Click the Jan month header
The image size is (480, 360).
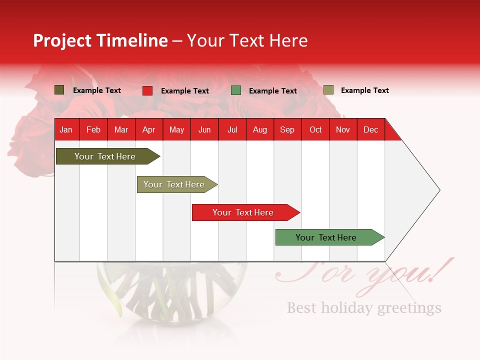coord(66,130)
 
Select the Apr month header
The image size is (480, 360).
coord(149,130)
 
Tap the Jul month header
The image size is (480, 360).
coord(232,130)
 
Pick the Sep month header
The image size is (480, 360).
coord(287,130)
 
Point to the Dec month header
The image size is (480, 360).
coord(370,130)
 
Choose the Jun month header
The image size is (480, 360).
coord(204,130)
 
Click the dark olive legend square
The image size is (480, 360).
coord(59,90)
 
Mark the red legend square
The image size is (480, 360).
coord(147,90)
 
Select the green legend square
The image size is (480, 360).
coord(236,90)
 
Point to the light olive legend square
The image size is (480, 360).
coord(328,90)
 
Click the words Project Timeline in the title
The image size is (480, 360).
coord(100,40)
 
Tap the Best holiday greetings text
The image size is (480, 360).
coord(364,307)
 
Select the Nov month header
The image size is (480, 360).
coord(343,130)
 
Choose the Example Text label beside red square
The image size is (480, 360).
coord(185,91)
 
